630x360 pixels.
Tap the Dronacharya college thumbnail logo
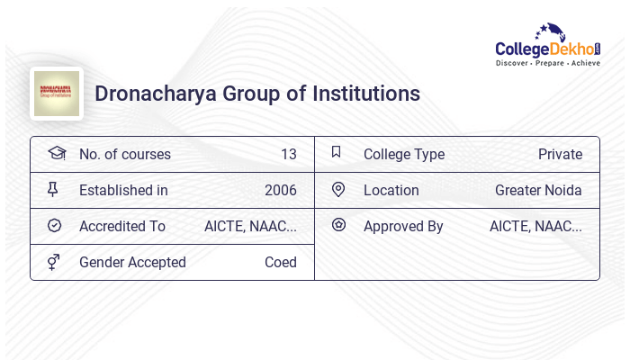[x=57, y=94]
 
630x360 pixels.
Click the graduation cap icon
[x=56, y=153]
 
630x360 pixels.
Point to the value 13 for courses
[x=288, y=154]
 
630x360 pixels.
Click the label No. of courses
[x=124, y=154]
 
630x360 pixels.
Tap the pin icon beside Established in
[x=53, y=189]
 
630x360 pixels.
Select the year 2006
[x=280, y=190]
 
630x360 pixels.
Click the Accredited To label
[x=122, y=226]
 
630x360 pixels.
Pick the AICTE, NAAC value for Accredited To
[x=250, y=226]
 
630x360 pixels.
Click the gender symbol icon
[x=53, y=262]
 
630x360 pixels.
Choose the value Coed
[x=280, y=262]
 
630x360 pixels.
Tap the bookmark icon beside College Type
[x=337, y=152]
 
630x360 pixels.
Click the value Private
[x=560, y=154]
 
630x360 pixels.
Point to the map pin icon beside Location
[x=338, y=189]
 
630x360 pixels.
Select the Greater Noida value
[x=538, y=190]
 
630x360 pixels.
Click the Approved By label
[x=403, y=226]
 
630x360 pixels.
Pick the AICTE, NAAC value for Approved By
[x=535, y=226]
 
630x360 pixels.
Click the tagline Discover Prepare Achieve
[x=547, y=64]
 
